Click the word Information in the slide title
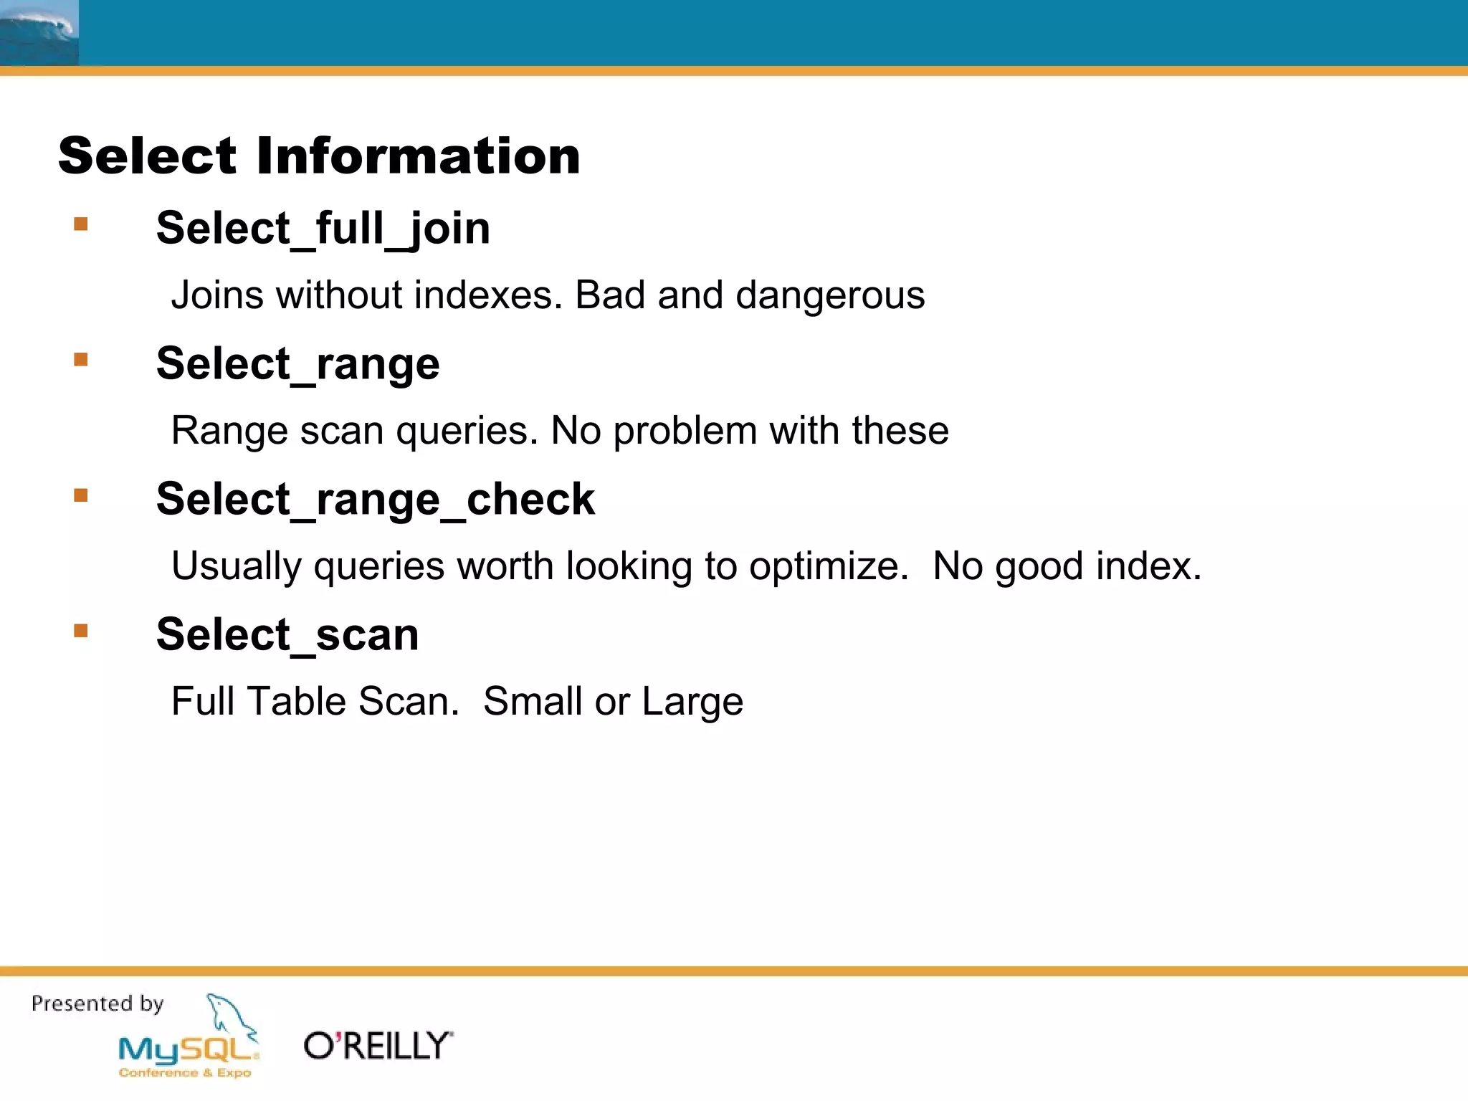(x=418, y=156)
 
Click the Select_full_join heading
(x=323, y=229)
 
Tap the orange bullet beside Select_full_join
(x=81, y=224)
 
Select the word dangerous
(x=830, y=295)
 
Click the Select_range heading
(x=297, y=364)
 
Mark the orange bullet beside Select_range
(x=81, y=359)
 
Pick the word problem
(x=685, y=431)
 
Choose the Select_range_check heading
(x=376, y=500)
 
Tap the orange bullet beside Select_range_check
(x=81, y=495)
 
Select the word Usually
(x=237, y=566)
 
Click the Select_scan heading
(x=287, y=635)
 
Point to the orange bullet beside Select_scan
(x=81, y=631)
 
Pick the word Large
(x=692, y=702)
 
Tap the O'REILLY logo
(x=378, y=1046)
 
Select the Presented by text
(x=97, y=1004)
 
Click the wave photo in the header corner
(x=39, y=32)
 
